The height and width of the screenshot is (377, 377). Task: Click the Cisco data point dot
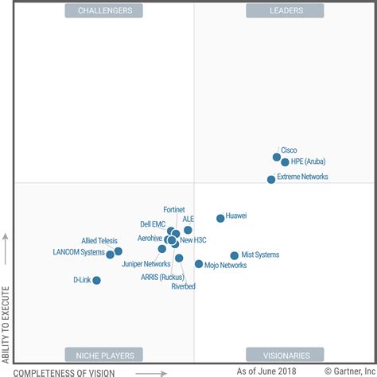tap(276, 157)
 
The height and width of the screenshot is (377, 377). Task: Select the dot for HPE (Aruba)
tap(285, 162)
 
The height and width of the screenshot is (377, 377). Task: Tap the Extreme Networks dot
tap(271, 179)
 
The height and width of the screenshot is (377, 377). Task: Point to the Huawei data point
tap(220, 218)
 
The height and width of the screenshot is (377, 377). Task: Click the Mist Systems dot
tap(234, 256)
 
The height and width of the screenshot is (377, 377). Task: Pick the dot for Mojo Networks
tap(198, 264)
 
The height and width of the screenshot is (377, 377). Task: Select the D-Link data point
tap(96, 280)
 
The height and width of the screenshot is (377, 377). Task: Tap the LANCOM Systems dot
tap(110, 255)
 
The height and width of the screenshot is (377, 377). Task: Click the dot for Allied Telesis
tap(118, 251)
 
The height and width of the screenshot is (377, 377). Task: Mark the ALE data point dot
tap(188, 230)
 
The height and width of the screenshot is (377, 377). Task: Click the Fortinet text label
tap(173, 209)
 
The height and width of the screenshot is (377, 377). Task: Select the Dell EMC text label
tap(153, 224)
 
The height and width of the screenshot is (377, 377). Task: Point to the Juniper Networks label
tap(146, 264)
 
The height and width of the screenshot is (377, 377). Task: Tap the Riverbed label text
tap(183, 286)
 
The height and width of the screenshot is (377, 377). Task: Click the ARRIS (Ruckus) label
tap(162, 277)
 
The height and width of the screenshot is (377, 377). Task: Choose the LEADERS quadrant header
tap(274, 10)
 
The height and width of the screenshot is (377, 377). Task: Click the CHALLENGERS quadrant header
tap(104, 10)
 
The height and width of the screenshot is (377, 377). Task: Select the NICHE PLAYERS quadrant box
tap(104, 355)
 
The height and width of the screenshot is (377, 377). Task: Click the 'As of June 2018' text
tap(266, 371)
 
